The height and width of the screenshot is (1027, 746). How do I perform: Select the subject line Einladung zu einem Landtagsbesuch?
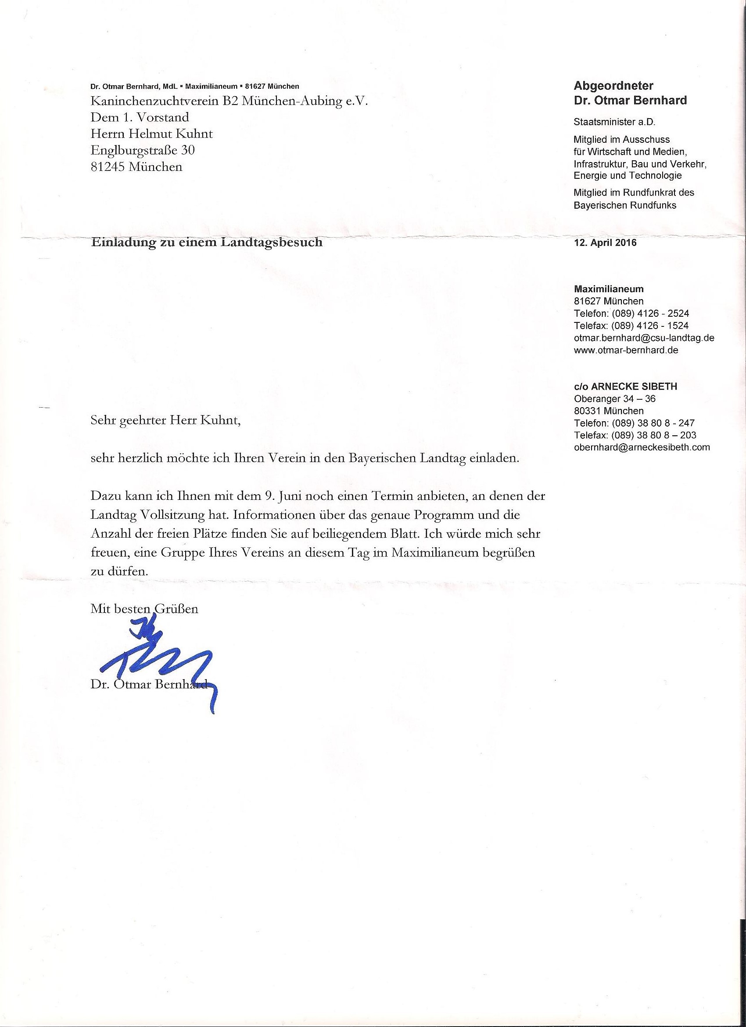(207, 242)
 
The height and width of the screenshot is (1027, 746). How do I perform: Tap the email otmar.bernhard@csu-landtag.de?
(644, 338)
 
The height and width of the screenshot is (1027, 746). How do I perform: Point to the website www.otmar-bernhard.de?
(626, 350)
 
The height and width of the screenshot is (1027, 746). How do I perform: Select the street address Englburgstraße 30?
(143, 150)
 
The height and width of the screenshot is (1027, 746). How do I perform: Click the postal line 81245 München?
(136, 166)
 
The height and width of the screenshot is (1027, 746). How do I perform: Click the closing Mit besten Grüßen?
(144, 608)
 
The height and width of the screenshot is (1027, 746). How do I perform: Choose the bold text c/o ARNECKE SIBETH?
(625, 386)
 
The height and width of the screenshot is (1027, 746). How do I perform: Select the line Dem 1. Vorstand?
(140, 117)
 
